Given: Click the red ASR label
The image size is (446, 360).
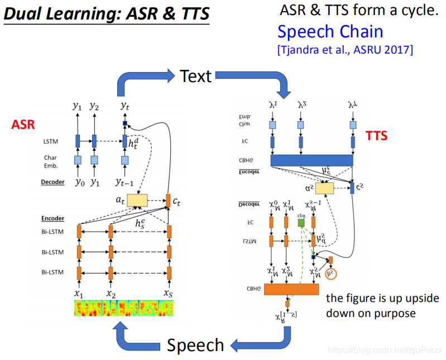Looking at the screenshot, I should pos(22,126).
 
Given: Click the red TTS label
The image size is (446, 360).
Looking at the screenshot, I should pos(376,136).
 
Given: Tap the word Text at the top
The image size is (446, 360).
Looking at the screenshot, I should pos(196,76).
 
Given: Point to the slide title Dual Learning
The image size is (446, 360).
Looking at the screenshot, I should pos(106,13).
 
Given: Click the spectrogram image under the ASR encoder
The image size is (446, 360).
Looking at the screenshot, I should pos(124,308).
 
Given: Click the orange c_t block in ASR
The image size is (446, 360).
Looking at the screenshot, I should pos(168,199).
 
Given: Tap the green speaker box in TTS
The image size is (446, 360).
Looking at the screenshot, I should pos(301,223).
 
